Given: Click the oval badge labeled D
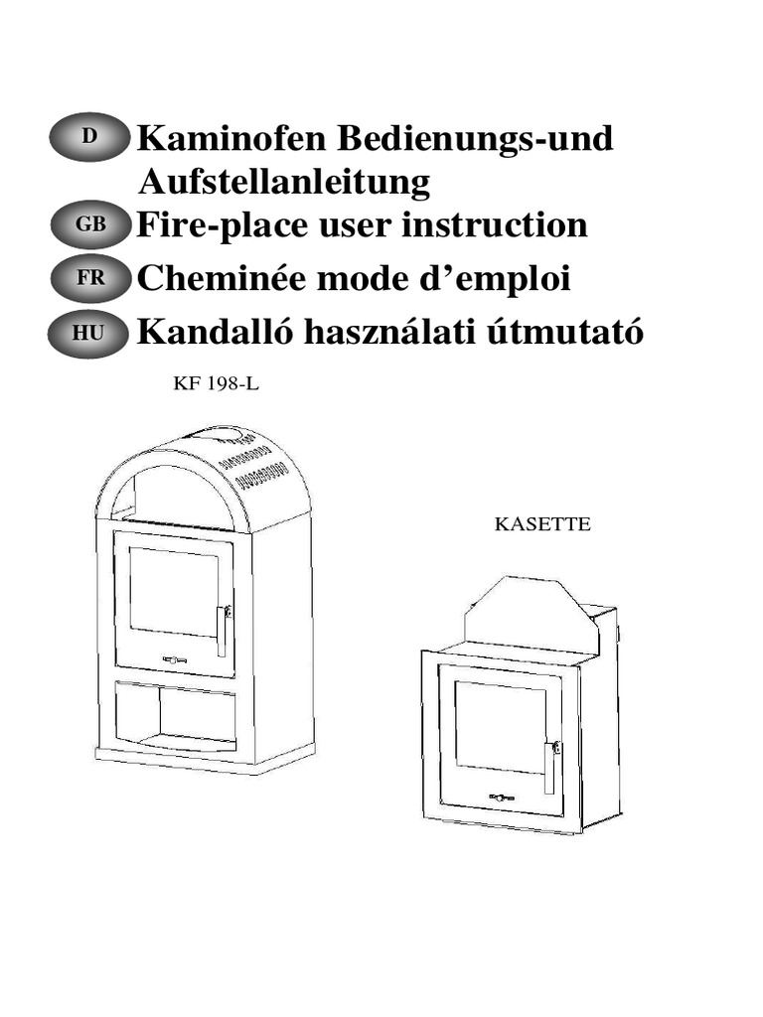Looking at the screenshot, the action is (x=88, y=138).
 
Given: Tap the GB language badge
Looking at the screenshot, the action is (x=88, y=225).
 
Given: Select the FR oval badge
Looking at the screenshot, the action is (x=88, y=280).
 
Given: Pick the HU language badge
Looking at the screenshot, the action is (x=88, y=335).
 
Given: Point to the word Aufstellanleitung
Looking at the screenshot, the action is (x=283, y=182).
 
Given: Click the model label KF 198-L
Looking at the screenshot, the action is (x=217, y=384).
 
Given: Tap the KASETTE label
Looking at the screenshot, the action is (x=542, y=523).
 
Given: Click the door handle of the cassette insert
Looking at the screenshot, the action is (x=548, y=766).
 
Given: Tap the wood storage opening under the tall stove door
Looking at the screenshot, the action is (x=175, y=714).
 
